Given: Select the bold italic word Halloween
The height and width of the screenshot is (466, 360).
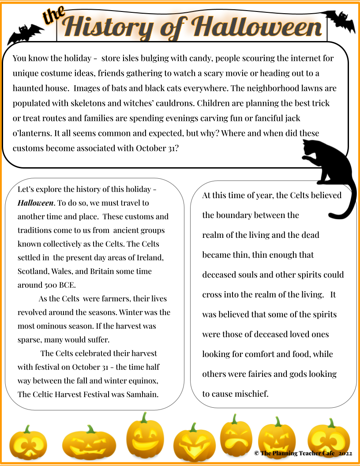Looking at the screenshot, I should (35, 203).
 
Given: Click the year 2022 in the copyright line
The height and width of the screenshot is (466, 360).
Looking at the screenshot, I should (345, 453).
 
